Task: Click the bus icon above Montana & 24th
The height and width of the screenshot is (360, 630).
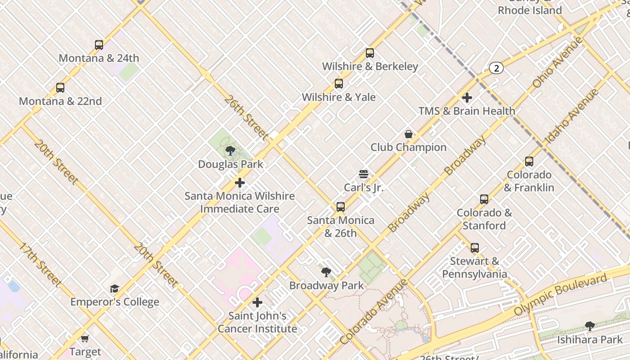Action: pos(99,45)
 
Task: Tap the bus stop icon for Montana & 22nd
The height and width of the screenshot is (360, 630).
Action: pos(60,88)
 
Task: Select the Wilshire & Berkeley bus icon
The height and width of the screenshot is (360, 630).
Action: pos(370,53)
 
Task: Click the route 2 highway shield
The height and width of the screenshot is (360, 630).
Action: pos(496,68)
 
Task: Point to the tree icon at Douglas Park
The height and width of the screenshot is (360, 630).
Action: pos(230,151)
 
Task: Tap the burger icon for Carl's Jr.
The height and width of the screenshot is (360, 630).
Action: pos(364,174)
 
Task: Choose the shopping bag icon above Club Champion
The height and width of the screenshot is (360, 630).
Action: pos(409,134)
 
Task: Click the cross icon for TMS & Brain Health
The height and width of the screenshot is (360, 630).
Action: pos(467,98)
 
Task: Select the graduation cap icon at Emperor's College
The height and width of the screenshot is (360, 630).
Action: pos(115,288)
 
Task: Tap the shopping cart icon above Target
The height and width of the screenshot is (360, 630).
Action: pos(85,338)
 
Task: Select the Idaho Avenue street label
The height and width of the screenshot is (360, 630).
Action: pos(571,117)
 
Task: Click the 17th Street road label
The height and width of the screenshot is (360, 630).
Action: pos(40,265)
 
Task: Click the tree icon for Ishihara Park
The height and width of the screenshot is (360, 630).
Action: pos(589,326)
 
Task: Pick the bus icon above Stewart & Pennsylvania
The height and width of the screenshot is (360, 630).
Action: pos(475,247)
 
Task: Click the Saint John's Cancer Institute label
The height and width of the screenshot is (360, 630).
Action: pos(257,322)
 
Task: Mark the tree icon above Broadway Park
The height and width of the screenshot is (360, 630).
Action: pos(326,272)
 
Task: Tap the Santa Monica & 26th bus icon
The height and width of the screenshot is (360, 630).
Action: pos(341,207)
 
